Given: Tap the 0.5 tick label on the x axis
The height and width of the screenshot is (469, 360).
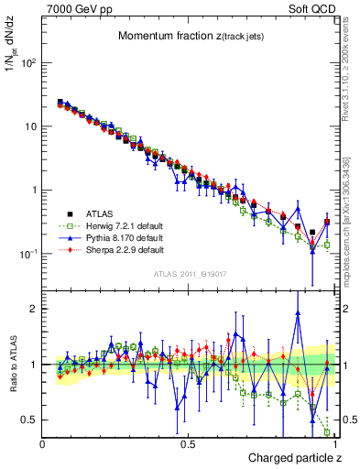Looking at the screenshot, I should [x=188, y=443].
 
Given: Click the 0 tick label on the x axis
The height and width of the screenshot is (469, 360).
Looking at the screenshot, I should [x=43, y=443].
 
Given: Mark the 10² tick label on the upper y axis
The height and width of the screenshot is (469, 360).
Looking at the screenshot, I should [x=28, y=64].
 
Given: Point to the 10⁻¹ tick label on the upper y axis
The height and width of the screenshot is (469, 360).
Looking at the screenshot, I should [x=28, y=254].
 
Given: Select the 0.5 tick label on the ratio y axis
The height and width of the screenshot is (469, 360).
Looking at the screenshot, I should [x=30, y=420].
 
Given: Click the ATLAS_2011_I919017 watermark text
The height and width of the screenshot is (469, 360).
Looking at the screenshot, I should [x=189, y=273].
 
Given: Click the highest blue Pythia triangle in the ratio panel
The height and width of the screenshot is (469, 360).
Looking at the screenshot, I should [x=298, y=312].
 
